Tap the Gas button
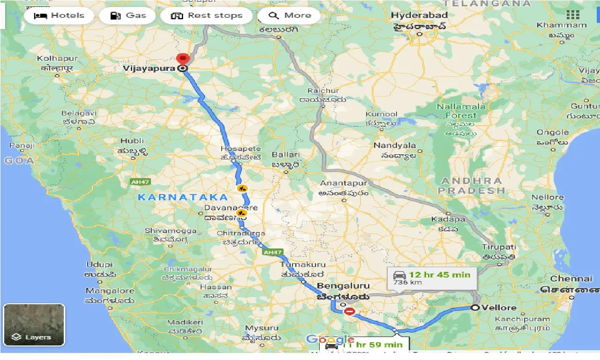[x=128, y=15]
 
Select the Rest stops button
[x=206, y=15]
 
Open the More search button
[x=289, y=15]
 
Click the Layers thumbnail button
[x=34, y=325]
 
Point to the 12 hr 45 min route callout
[x=432, y=277]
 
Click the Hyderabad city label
[x=420, y=15]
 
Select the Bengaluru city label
[x=343, y=286]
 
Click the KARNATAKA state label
[x=183, y=197]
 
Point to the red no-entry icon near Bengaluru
[x=349, y=311]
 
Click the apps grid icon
[x=573, y=15]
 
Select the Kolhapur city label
[x=58, y=59]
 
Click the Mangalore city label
[x=110, y=291]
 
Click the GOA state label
[x=19, y=160]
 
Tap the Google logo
[x=330, y=339]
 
